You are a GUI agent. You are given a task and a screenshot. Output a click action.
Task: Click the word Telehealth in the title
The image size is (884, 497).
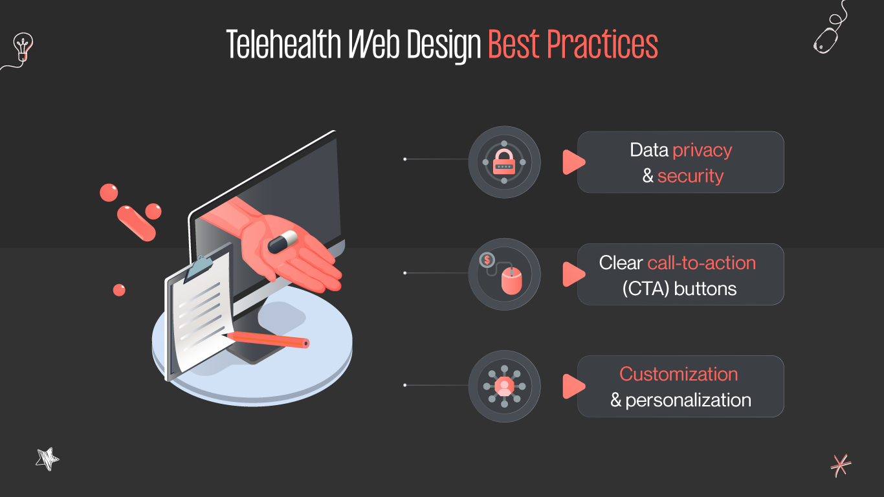(283, 45)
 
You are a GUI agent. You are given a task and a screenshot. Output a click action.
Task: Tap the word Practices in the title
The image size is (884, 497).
(602, 45)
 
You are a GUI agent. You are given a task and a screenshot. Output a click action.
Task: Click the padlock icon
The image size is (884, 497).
(504, 162)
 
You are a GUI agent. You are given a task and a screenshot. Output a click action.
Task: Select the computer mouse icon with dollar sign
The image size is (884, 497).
(504, 274)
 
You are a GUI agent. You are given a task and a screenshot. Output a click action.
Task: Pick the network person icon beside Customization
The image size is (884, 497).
(504, 386)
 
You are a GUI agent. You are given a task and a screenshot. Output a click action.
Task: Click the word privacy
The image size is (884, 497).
(702, 150)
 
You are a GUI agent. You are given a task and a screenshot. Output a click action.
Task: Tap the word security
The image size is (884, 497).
(690, 176)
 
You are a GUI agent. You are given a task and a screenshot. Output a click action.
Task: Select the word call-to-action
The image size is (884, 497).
(702, 263)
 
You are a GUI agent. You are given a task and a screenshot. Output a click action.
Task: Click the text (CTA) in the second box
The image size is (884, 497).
(645, 289)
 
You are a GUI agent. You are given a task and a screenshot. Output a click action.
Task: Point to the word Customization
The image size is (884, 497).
(678, 374)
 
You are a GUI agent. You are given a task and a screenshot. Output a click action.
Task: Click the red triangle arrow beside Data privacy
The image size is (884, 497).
(572, 162)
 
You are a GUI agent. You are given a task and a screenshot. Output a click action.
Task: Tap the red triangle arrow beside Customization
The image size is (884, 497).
(572, 386)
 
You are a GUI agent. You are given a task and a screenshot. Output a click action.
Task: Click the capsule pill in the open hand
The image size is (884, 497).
(282, 241)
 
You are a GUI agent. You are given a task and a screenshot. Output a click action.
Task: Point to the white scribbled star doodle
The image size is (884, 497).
(47, 459)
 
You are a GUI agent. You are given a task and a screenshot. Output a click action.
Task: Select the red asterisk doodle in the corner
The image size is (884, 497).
(841, 465)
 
